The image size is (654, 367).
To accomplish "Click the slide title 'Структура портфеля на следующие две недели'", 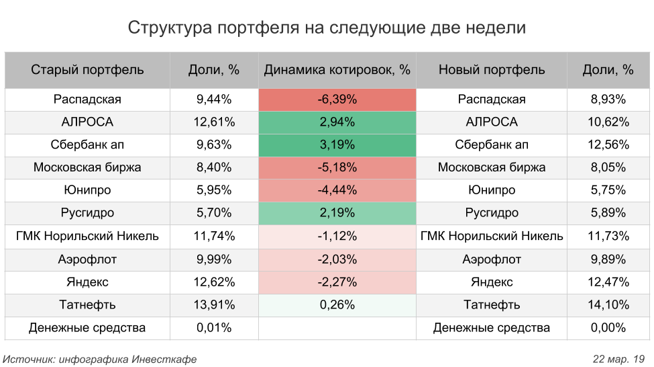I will pos(327,28).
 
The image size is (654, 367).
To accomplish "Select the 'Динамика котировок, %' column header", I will pos(337,70).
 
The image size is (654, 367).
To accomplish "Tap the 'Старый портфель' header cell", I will pos(87,70).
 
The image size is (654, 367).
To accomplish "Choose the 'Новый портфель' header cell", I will pos(492,70).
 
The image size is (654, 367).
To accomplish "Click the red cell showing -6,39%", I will pos(337,99).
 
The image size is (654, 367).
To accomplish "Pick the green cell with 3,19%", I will pos(337,145).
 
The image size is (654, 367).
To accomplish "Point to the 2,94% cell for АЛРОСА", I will pos(337,122).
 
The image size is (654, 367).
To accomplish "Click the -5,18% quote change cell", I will pos(337,167).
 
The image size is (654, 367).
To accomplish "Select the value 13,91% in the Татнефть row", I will pos(214,304).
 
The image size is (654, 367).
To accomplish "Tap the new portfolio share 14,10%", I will pos(608,304).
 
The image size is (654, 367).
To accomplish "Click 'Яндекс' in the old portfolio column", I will pos(87,282).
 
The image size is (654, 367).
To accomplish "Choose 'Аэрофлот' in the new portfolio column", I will pos(492,259).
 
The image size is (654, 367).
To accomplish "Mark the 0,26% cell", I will pos(337,304).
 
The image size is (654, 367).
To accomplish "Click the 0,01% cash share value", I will pos(214,328).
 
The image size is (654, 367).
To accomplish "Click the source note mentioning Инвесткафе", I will pos(100,359).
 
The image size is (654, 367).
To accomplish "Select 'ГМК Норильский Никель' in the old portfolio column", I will pos(87,236).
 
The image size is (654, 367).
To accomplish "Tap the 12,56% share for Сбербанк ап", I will pos(608,145).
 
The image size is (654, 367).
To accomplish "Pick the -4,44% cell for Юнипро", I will pos(337,190).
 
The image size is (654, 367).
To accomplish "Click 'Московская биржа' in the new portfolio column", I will pos(492,167).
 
